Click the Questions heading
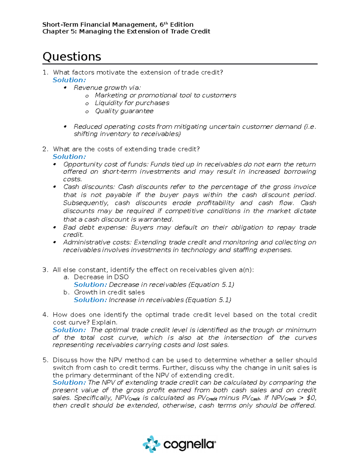[x=72, y=57]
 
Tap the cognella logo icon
[x=151, y=444]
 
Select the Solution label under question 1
[x=69, y=80]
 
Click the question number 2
[x=45, y=149]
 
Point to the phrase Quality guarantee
[x=124, y=111]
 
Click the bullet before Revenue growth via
[x=65, y=88]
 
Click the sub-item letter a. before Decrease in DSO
[x=66, y=277]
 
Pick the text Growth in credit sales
[x=109, y=292]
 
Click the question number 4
[x=45, y=315]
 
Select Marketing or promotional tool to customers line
[x=165, y=95]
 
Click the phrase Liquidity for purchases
[x=132, y=103]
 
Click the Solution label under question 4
[x=69, y=330]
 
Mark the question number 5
[x=45, y=360]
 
